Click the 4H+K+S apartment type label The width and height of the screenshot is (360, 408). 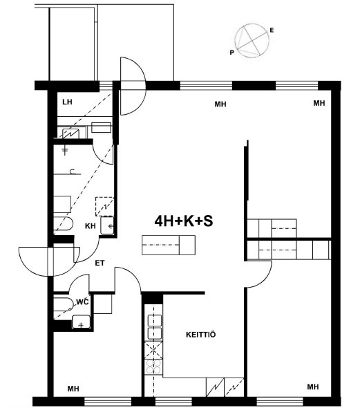[184, 221]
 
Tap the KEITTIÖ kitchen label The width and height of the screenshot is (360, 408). [200, 335]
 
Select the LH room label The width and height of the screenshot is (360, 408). [67, 102]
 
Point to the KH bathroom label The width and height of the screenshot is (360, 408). [91, 226]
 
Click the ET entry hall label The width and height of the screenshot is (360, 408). [100, 263]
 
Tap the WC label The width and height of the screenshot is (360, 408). [82, 302]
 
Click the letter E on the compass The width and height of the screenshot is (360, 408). [272, 30]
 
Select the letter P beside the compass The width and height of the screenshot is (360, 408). [232, 53]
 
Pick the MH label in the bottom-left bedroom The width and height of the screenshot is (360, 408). [73, 389]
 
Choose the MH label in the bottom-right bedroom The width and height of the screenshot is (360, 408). [313, 387]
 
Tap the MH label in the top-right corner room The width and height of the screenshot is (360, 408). [319, 103]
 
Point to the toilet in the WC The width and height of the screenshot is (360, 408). [64, 305]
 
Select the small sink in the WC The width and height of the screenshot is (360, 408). [81, 322]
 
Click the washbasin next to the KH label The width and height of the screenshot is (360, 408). [107, 225]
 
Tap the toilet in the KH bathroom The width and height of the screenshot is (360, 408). [63, 224]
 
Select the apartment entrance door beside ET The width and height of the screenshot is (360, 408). [49, 261]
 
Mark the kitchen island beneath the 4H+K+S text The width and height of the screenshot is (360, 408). [169, 245]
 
